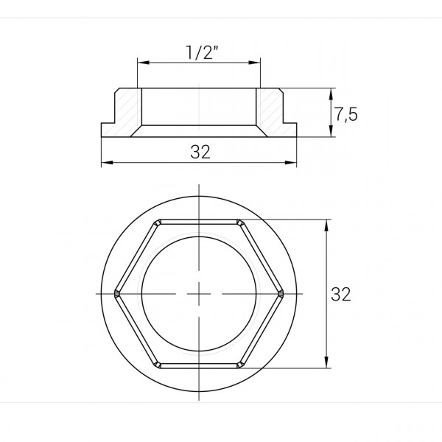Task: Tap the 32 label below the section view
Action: [x=200, y=152]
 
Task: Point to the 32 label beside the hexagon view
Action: [x=340, y=294]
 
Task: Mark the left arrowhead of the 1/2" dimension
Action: [x=140, y=63]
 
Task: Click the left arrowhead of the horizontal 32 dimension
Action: [x=103, y=163]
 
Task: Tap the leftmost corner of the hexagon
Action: [x=115, y=293]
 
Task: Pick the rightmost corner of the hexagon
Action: [x=282, y=293]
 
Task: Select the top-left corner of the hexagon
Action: [x=156, y=220]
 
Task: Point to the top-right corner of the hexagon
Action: [x=241, y=220]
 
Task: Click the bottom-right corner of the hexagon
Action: [x=241, y=366]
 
